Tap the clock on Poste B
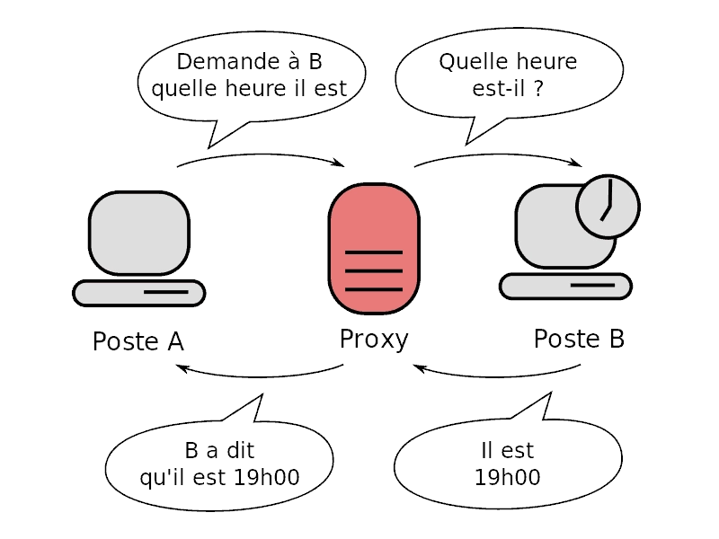click(x=608, y=205)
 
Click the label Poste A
click(x=138, y=342)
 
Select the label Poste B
click(x=579, y=340)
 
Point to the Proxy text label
click(x=374, y=340)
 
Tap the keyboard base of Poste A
click(x=138, y=293)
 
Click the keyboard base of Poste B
click(x=565, y=287)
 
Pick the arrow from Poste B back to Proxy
click(x=499, y=371)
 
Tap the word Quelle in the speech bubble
click(x=470, y=63)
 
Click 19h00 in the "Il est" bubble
click(x=508, y=477)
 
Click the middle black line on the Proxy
click(x=374, y=271)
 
